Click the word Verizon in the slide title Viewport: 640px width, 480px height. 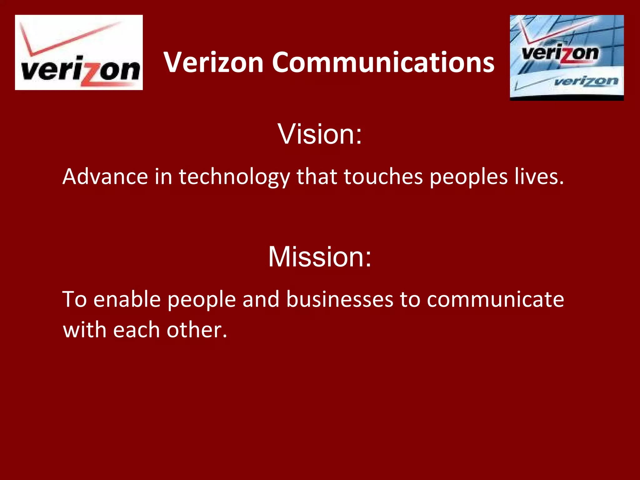click(214, 62)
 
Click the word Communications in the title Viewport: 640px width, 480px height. click(383, 62)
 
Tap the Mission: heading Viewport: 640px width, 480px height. click(320, 257)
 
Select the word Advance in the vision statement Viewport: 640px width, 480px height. click(105, 177)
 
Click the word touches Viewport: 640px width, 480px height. click(383, 177)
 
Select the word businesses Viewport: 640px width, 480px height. click(340, 299)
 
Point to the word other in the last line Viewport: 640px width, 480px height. click(197, 330)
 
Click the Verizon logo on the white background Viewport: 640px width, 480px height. click(79, 52)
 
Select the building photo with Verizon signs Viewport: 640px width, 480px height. click(567, 57)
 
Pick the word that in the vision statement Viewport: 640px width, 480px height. click(317, 177)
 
